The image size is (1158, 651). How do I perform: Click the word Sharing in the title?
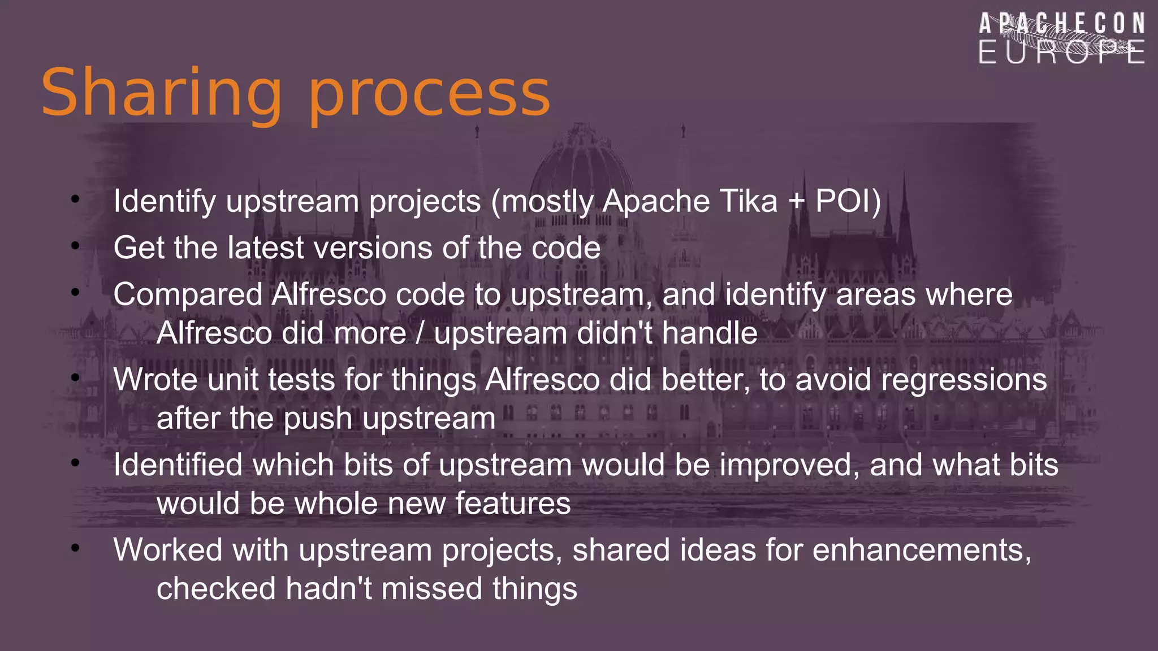coord(161,93)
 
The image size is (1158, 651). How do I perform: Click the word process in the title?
coord(429,93)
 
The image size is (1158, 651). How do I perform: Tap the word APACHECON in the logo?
coord(1062,24)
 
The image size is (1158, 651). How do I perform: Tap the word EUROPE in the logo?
coord(1062,52)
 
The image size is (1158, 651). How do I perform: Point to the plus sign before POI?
coord(796,202)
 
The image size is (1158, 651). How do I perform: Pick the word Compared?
coord(188,294)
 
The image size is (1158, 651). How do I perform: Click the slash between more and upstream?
coord(420,333)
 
